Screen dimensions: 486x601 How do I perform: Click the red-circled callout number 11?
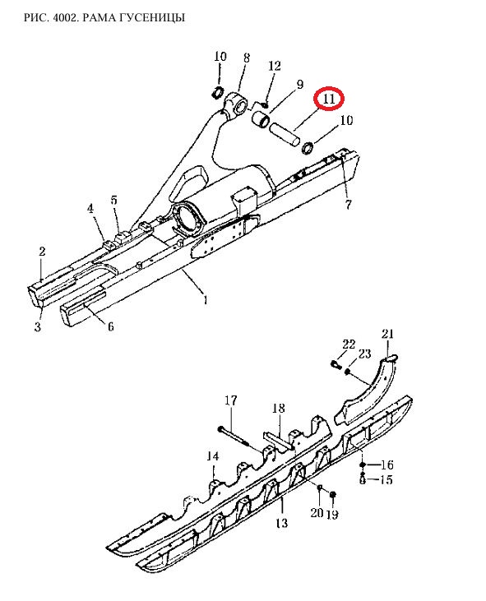pos(329,99)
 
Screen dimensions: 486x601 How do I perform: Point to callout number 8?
pos(246,58)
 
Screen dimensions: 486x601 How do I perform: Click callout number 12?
pos(274,66)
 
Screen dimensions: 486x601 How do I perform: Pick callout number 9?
pos(299,85)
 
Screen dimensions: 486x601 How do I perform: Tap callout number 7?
pos(348,205)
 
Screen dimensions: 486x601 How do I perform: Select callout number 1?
pos(206,299)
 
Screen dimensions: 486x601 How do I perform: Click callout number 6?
pos(110,326)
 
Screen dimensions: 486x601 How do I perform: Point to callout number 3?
pos(38,327)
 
